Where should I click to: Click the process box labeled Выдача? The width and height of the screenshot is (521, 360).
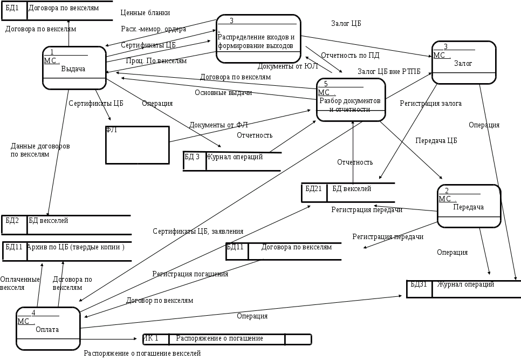tap(74, 68)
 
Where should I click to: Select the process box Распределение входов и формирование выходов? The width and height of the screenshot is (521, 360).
tap(258, 39)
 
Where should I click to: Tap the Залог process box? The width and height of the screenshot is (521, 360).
tap(463, 63)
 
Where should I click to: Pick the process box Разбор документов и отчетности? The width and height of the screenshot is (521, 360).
tap(351, 100)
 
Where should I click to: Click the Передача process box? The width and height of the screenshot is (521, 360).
tap(469, 206)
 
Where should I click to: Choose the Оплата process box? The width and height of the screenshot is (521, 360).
tap(48, 328)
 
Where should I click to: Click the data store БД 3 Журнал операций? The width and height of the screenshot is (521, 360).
tap(232, 161)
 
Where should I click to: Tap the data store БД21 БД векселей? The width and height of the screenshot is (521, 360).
tap(347, 193)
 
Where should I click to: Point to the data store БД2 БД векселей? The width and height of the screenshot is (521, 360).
tap(66, 225)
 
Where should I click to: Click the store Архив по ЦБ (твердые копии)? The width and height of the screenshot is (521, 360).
tap(66, 251)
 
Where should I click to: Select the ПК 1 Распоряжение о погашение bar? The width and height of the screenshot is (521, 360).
tap(227, 339)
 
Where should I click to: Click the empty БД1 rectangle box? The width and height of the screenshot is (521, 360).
tap(137, 145)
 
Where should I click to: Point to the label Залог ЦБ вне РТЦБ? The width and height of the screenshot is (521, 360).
tap(389, 71)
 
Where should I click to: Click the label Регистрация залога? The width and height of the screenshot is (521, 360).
tap(430, 103)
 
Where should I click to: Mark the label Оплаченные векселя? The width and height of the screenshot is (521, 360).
tap(19, 283)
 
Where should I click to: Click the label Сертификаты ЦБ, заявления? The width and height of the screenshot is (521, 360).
tap(197, 231)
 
